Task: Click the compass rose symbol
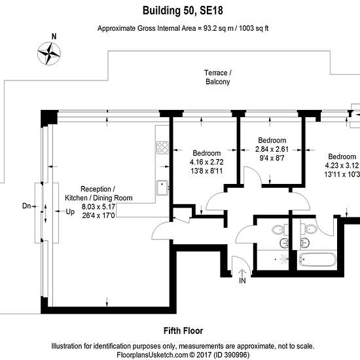tap(49, 54)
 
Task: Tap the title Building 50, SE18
tap(183, 10)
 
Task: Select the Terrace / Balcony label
tap(218, 77)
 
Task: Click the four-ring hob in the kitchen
tap(162, 147)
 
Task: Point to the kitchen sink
tap(162, 188)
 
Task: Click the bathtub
tap(317, 259)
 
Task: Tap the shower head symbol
tap(284, 259)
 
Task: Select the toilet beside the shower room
tap(280, 229)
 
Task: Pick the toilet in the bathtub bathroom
tap(309, 229)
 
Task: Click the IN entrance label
tap(242, 280)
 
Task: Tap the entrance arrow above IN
tap(242, 273)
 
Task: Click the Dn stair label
tap(26, 206)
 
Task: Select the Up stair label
tap(70, 211)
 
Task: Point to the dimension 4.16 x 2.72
tap(206, 162)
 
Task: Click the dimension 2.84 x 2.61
tap(272, 149)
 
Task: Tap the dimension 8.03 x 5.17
tap(98, 207)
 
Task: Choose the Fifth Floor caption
tap(183, 331)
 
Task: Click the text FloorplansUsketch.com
tap(153, 355)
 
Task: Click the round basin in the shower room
tap(284, 243)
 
